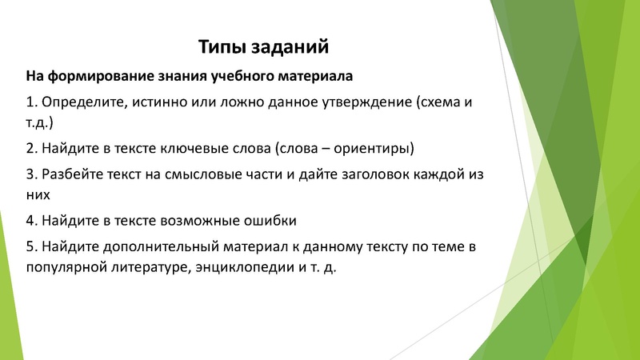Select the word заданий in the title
290,47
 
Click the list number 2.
30,148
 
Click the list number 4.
30,219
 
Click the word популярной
66,267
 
